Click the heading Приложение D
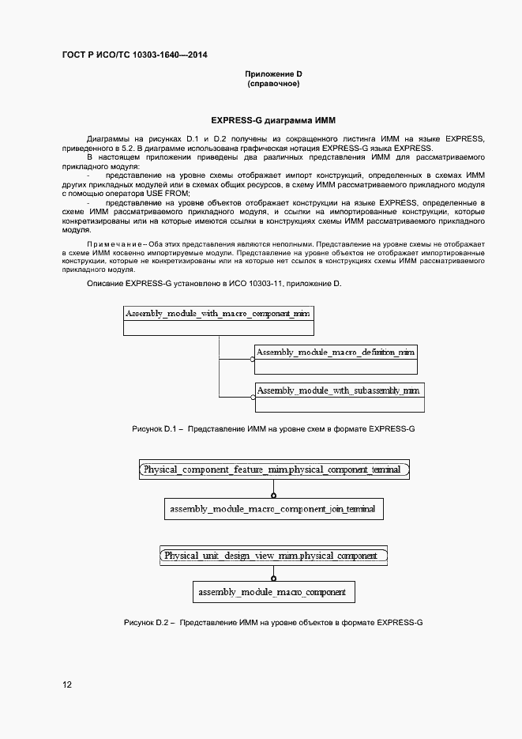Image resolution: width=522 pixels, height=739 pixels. [x=273, y=74]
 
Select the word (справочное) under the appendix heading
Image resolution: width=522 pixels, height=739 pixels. [x=273, y=84]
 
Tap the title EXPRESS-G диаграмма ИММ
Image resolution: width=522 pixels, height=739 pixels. [x=273, y=121]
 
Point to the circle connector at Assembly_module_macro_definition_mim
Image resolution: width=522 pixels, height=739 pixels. [x=253, y=360]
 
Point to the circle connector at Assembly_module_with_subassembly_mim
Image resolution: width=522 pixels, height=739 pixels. [x=253, y=398]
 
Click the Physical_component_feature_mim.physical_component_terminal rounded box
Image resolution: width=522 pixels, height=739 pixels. [x=273, y=469]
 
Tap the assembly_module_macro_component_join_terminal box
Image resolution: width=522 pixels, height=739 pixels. [x=273, y=509]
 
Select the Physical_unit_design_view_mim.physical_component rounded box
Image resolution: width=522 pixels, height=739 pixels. [x=273, y=556]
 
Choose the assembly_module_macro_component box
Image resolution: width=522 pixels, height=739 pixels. [x=273, y=591]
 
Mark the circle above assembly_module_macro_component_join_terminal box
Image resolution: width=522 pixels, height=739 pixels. [x=273, y=496]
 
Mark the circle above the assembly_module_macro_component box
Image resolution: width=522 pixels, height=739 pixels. [x=273, y=579]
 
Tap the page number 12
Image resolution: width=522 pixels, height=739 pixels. [x=67, y=685]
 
